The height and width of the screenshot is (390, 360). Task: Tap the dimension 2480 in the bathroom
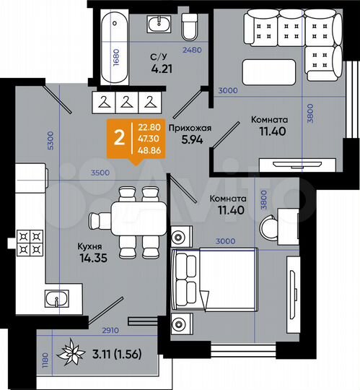pyautogui.click(x=192, y=50)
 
